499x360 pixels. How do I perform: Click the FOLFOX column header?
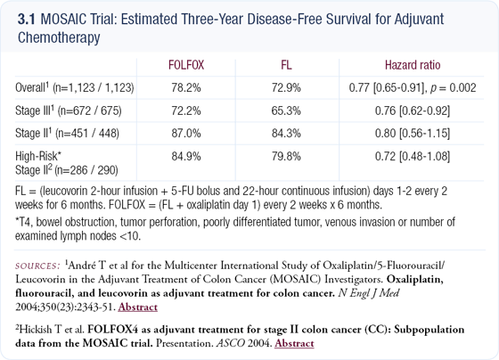coord(186,65)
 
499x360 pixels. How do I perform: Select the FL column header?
coord(286,65)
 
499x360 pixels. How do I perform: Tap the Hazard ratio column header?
coord(413,65)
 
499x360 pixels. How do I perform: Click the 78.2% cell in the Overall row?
coord(186,88)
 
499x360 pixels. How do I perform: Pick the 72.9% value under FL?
coord(286,88)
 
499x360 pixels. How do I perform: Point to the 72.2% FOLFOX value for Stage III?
coord(186,110)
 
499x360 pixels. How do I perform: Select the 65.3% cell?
coord(286,110)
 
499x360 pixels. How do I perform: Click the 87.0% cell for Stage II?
coord(186,133)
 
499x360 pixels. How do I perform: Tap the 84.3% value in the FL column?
coord(286,133)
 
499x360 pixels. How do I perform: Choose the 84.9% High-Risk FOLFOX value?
coord(186,156)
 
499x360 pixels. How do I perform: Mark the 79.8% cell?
coord(286,156)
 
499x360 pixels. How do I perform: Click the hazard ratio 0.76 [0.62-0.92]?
coord(413,110)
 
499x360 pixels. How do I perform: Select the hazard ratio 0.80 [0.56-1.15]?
coord(413,133)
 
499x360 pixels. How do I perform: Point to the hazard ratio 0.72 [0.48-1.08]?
coord(413,156)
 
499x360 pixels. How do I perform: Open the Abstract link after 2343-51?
coord(138,307)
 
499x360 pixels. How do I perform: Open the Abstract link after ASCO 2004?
coord(294,343)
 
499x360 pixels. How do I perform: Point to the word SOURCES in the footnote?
coord(37,266)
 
